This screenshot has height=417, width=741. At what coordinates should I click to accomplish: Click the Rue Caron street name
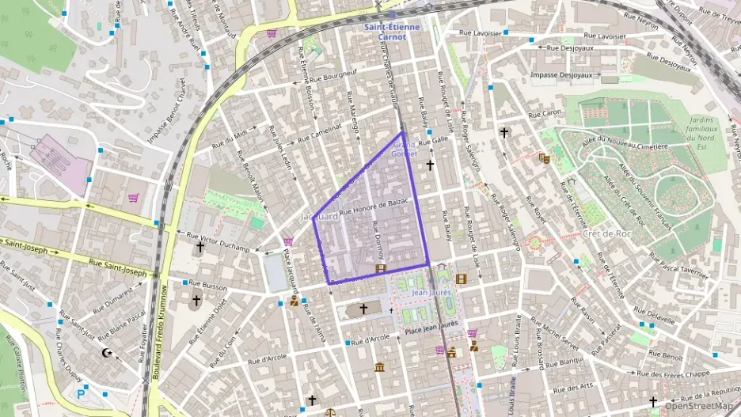pyautogui.click(x=545, y=114)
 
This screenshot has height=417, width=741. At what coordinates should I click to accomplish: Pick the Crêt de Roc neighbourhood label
pyautogui.click(x=606, y=234)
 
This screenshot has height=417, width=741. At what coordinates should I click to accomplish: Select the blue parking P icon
pyautogui.click(x=80, y=393)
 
